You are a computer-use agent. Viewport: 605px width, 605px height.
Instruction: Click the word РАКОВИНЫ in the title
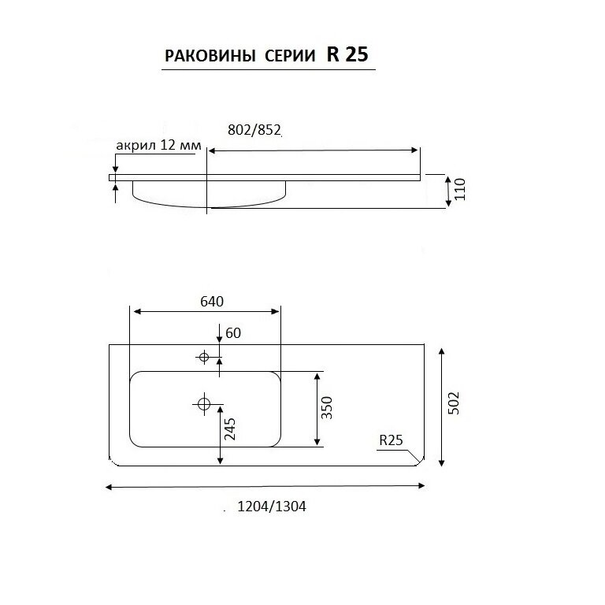tap(210, 56)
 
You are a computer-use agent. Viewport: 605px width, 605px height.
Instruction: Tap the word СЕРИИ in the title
tap(290, 56)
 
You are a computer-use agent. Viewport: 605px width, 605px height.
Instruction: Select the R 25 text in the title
tap(347, 54)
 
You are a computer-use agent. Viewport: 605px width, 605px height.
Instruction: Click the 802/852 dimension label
tap(254, 130)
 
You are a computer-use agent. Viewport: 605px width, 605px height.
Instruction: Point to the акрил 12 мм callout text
tap(158, 145)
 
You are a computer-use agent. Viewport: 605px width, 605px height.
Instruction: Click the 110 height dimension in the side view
tap(460, 189)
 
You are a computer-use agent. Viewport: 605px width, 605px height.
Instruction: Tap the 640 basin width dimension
tap(212, 301)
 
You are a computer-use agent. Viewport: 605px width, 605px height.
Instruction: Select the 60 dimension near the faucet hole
tap(233, 332)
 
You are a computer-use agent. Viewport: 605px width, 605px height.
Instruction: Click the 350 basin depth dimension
tap(326, 407)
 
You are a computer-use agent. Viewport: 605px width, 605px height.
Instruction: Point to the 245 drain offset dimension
tap(229, 429)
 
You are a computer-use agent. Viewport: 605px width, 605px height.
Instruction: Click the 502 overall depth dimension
tap(454, 403)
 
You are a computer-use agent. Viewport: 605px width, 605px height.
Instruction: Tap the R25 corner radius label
tap(391, 440)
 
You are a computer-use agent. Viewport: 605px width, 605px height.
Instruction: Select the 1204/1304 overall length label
tap(272, 507)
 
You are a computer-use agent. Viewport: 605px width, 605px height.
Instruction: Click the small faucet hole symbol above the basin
tap(204, 357)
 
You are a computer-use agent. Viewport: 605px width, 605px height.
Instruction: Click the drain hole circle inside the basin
tap(204, 404)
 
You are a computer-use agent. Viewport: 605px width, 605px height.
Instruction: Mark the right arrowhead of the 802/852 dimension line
tap(416, 150)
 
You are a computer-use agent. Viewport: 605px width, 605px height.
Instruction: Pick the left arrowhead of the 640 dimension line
tap(135, 311)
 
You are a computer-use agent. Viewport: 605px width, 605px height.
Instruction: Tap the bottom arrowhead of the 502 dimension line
tap(442, 462)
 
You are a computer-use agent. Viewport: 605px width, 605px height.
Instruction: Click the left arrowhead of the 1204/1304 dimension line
tap(109, 488)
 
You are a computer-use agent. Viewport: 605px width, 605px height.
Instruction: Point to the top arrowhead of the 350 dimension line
tap(317, 377)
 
